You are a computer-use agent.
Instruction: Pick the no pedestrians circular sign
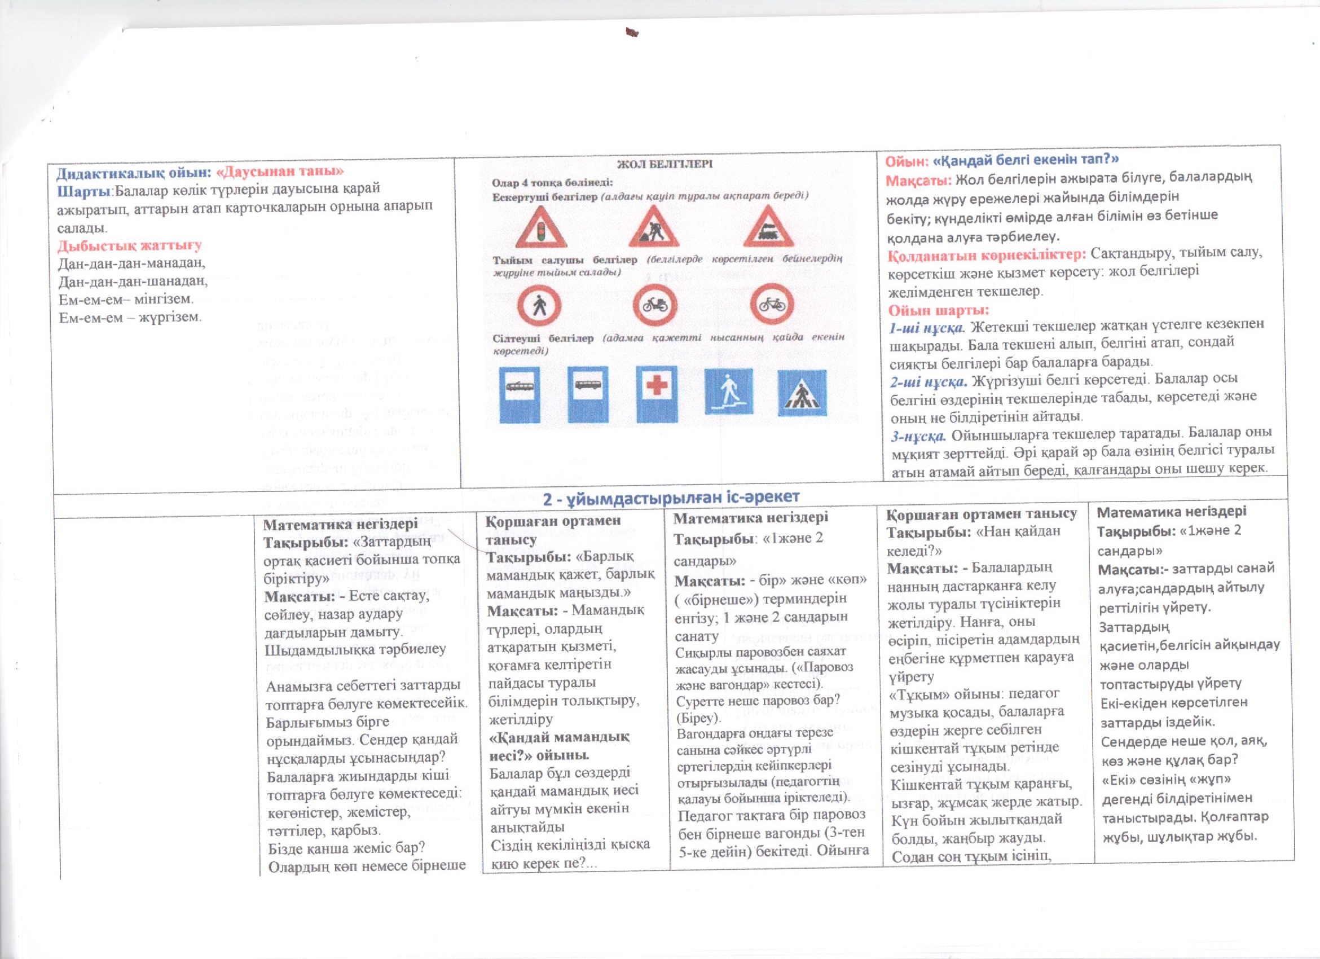[539, 305]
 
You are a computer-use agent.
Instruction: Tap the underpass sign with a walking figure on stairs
[728, 393]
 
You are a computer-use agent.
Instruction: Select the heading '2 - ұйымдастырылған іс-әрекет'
[671, 497]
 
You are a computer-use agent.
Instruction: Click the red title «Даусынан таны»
[279, 171]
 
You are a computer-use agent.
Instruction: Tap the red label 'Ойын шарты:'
[938, 310]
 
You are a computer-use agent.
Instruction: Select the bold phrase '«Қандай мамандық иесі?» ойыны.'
[557, 746]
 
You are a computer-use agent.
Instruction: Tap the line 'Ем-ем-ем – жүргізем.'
[130, 317]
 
